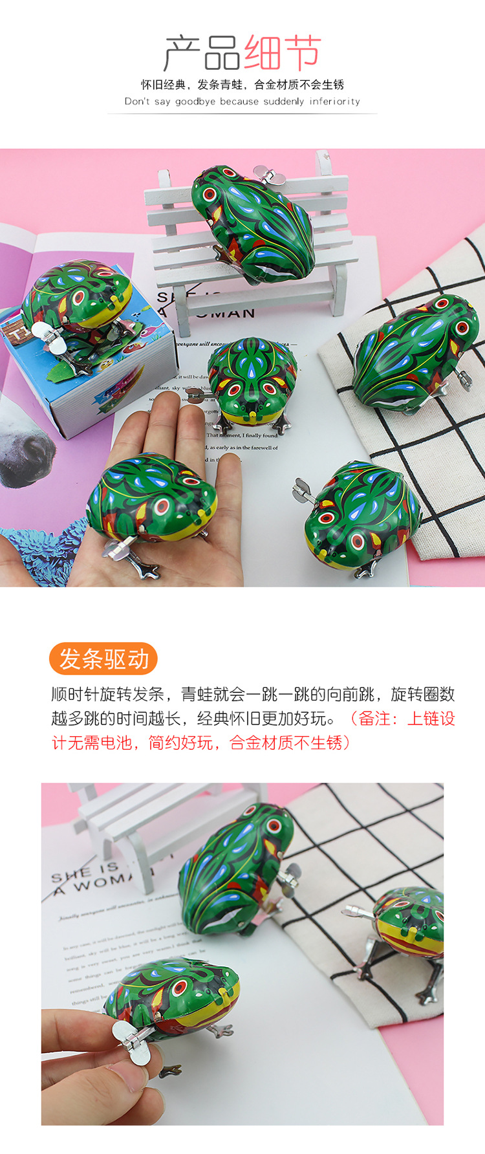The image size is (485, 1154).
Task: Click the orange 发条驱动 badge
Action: click(x=103, y=659)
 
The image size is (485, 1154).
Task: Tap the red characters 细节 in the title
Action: click(x=283, y=53)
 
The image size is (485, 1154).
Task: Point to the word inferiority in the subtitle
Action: click(x=334, y=102)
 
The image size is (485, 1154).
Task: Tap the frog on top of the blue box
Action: click(x=78, y=301)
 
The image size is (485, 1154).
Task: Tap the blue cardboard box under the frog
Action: click(x=97, y=375)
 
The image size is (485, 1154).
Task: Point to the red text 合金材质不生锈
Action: click(x=285, y=742)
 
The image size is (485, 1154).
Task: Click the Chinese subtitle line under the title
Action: click(x=242, y=85)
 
